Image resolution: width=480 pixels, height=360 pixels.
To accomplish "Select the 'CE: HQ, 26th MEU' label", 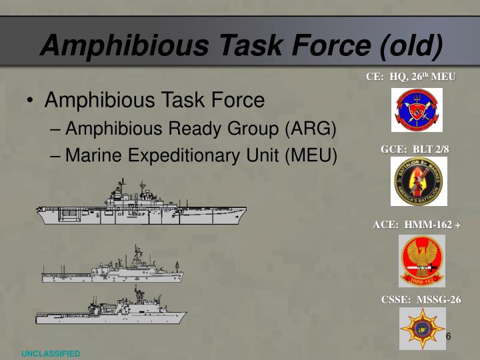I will (x=411, y=77).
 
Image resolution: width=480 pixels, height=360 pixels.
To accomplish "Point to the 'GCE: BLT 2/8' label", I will (x=415, y=149).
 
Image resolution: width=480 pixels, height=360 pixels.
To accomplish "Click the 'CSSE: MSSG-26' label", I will (x=421, y=299).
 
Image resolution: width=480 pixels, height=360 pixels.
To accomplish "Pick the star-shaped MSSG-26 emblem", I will (x=422, y=328).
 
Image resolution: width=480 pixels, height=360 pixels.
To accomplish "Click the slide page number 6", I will (x=449, y=336).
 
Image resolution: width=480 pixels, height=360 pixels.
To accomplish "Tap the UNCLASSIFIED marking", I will (x=50, y=353).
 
